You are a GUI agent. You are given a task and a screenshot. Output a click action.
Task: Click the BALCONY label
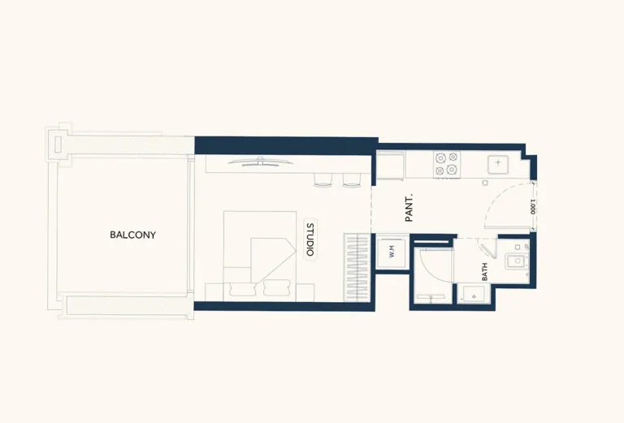point(132,235)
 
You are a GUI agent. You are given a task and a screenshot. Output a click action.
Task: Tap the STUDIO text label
point(310,240)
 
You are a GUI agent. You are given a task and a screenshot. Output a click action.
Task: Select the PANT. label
point(409,207)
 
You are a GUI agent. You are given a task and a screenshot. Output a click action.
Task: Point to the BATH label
point(485,271)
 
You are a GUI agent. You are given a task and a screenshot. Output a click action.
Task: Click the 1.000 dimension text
point(532,206)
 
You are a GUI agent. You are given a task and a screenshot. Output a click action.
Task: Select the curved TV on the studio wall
point(260,161)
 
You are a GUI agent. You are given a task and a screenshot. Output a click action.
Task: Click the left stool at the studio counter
point(323,180)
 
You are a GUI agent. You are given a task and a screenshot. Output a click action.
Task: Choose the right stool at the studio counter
point(351,180)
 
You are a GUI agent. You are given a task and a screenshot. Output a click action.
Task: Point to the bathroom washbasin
point(514,261)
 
